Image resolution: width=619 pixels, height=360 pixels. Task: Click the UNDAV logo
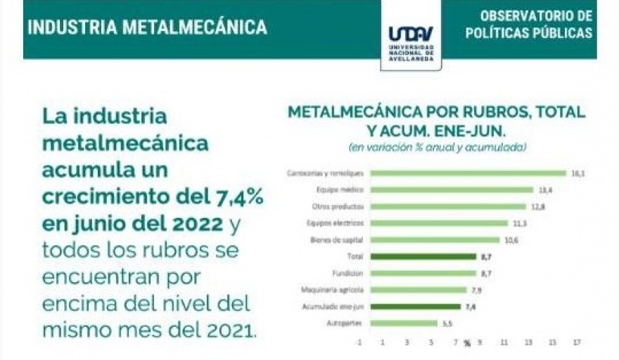coord(411,35)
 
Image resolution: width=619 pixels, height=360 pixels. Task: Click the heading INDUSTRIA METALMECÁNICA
coord(148,27)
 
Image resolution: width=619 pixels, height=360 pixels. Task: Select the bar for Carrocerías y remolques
coord(468,173)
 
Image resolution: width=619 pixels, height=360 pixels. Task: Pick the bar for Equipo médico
coord(452,190)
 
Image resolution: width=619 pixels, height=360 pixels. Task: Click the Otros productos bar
coord(448,207)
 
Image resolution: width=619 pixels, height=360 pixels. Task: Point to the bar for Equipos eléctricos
coord(439,224)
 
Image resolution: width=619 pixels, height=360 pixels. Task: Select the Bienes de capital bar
coord(435,240)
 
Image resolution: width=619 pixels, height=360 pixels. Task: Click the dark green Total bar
coord(423,257)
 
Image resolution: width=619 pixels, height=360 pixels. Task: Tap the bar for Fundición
coord(423,274)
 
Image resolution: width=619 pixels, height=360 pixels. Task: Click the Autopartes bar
coord(404,323)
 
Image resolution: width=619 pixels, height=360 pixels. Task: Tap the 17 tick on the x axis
coord(577,342)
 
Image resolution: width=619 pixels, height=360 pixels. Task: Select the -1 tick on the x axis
coord(359,342)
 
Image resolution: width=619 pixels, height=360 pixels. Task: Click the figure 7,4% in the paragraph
coord(236,198)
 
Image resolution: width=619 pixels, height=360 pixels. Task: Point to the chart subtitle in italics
coord(438,148)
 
